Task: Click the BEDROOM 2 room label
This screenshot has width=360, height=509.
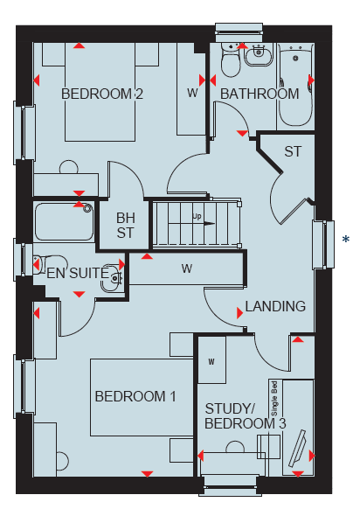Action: pos(102,94)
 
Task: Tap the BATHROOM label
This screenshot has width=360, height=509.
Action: pos(260,94)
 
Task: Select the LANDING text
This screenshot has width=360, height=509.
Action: pos(275,306)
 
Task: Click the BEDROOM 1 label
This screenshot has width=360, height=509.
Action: pos(135,396)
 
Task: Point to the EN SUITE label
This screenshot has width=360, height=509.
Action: pos(78,273)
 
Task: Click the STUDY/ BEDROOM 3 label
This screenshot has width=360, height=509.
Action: pos(246,416)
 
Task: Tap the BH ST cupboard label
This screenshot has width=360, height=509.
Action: pos(125,226)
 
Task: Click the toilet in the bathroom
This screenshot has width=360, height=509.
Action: pos(231,60)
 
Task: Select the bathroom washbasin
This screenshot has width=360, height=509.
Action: pos(259,55)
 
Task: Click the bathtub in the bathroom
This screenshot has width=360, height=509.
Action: pos(295,85)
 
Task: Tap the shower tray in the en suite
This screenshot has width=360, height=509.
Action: pos(64,221)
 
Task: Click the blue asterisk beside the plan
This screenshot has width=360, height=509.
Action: pos(346,240)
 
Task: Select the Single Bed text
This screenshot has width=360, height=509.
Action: pos(274,398)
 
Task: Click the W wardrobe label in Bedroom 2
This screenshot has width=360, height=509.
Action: pos(192,94)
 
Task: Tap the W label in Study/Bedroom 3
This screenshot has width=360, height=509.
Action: pos(211,361)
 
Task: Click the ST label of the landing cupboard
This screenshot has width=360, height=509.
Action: pos(293,151)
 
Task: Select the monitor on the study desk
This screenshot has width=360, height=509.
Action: pos(297,449)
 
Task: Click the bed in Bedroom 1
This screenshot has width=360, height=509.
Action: pos(142,397)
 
